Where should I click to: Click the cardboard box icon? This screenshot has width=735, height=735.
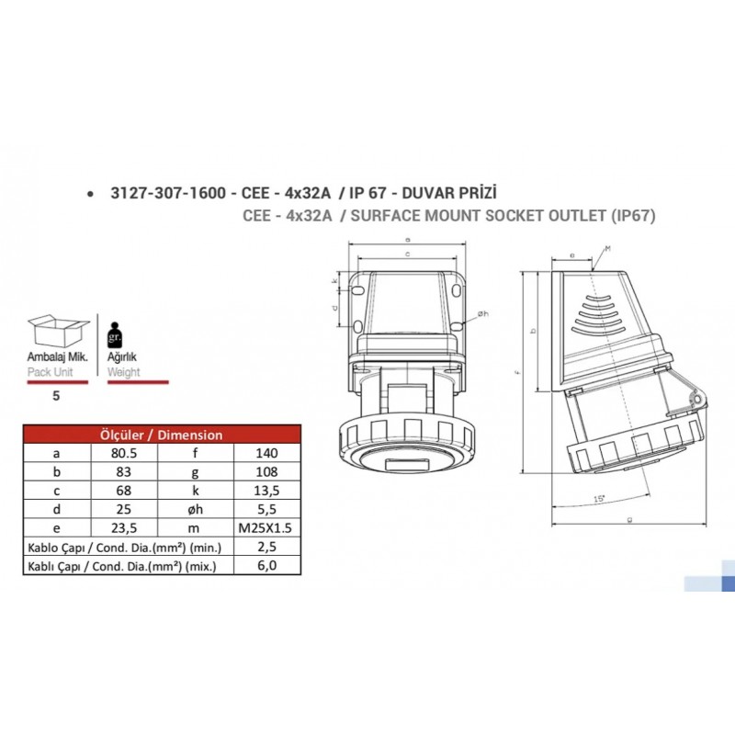pos(57,331)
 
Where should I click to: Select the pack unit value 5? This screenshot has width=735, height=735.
pos(56,396)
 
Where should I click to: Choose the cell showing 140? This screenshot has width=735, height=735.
pos(267,453)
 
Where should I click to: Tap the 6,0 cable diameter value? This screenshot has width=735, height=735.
pos(267,566)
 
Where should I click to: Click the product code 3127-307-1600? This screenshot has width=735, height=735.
pos(166,194)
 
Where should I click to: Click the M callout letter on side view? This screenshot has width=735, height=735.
pos(608,248)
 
